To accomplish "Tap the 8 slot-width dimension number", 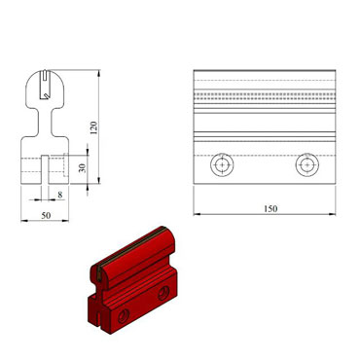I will pos(60,195).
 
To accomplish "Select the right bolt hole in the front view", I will pos(308,165).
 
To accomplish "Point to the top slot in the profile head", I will pos(46,85).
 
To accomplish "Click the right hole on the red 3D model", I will pos(162,293).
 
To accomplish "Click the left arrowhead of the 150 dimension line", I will pos(196,213).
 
